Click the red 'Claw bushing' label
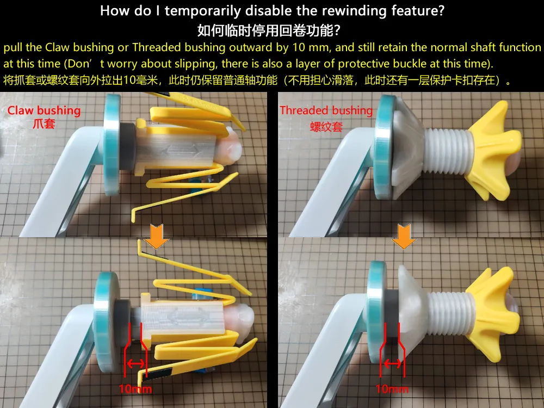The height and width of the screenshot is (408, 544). tap(44, 110)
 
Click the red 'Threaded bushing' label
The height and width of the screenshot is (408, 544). tap(326, 110)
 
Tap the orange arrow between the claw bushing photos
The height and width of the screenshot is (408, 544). tap(157, 236)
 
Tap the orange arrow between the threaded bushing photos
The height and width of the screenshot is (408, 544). tap(404, 236)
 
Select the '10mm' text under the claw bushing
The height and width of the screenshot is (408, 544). tap(135, 389)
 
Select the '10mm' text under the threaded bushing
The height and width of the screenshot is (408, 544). tap(392, 389)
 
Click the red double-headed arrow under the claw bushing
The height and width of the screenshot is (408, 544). tap(136, 363)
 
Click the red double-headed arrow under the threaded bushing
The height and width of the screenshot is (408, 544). tap(393, 363)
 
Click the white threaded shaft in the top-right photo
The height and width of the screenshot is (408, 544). tap(448, 150)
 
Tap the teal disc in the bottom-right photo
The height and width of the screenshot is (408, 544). tap(376, 312)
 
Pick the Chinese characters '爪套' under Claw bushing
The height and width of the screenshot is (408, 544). tap(44, 124)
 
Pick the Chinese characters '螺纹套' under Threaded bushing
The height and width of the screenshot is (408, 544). tap(326, 126)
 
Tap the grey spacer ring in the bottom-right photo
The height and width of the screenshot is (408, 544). tap(393, 313)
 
